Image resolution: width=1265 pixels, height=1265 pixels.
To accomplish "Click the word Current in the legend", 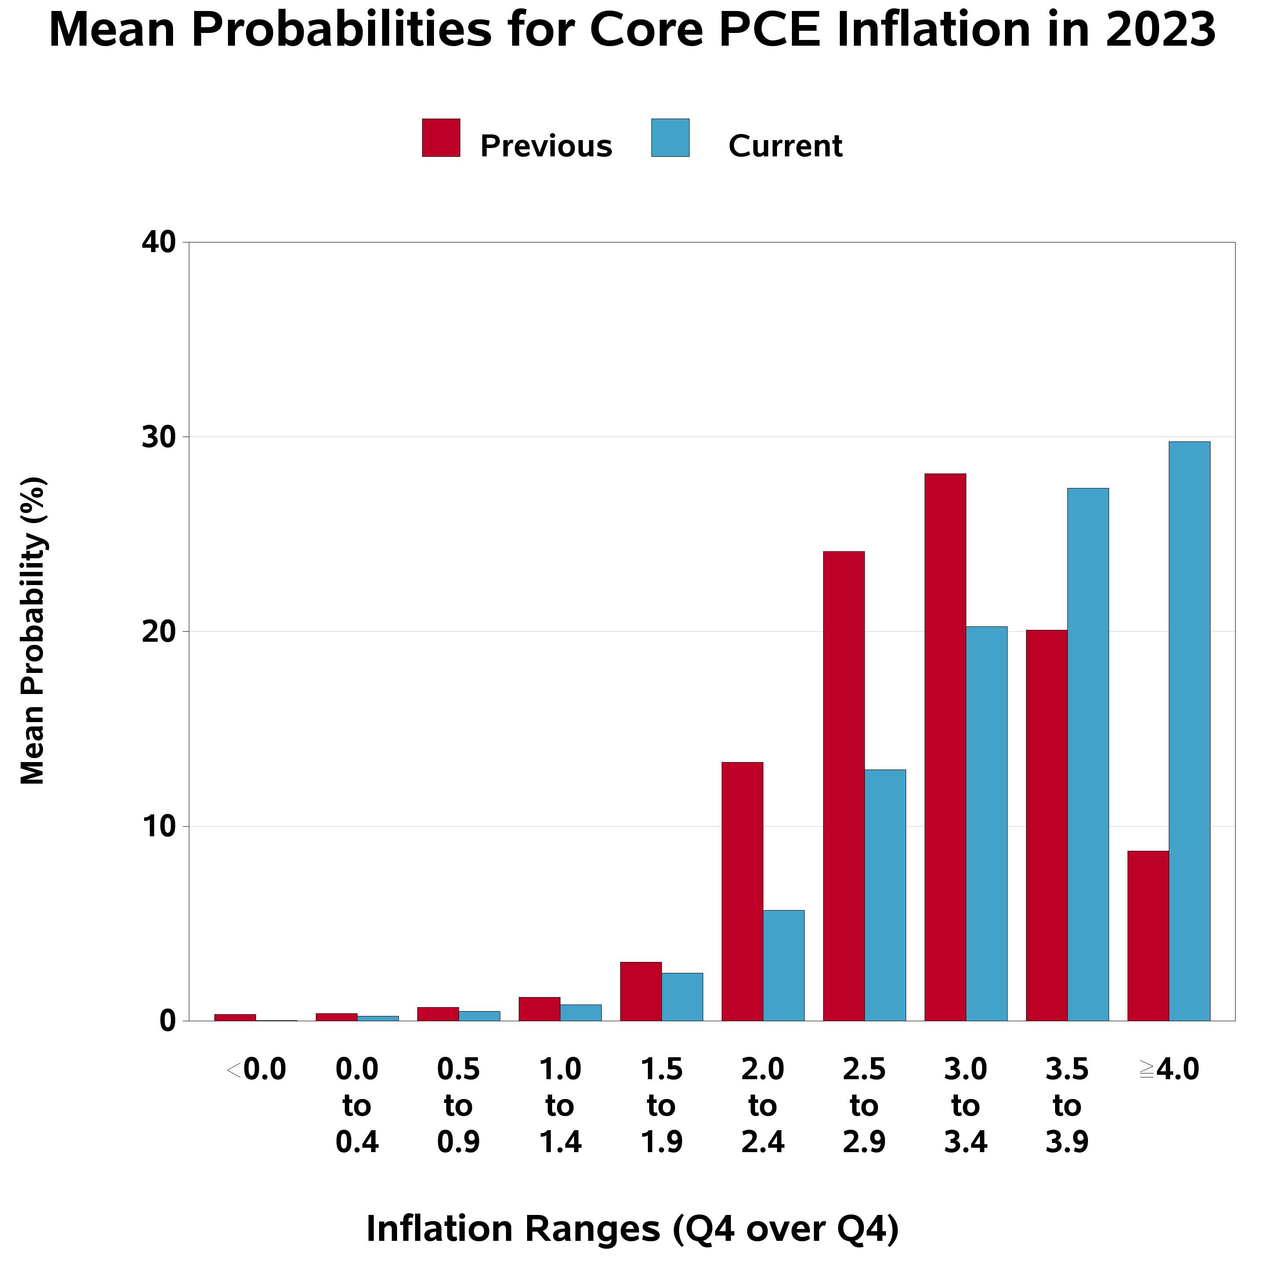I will [x=784, y=145].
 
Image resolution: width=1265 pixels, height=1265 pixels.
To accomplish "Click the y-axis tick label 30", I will [x=159, y=437].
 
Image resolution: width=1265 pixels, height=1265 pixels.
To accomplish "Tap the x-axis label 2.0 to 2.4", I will [x=763, y=1106].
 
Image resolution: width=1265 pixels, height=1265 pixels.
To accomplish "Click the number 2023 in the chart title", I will [x=1160, y=30].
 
